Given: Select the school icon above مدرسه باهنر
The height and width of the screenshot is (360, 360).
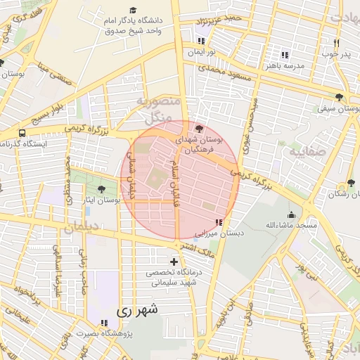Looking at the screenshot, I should click(284, 55).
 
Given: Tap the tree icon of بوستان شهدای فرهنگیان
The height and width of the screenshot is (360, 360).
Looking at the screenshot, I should click(199, 129).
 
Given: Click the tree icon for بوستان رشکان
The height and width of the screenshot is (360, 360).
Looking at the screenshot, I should click(351, 184).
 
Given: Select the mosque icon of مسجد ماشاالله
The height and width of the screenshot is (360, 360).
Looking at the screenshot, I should click(291, 214).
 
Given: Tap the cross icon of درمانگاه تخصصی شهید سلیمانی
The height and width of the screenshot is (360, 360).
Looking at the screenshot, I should click(174, 262).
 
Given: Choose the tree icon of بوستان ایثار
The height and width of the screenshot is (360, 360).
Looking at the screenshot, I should click(101, 189).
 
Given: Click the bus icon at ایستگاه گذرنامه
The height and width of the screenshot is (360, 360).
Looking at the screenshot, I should click(22, 133).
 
